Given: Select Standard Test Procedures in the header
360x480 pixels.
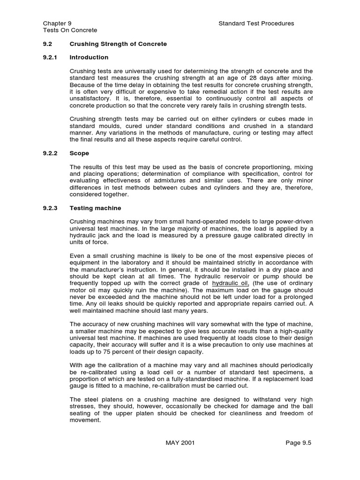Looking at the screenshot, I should (x=256, y=23).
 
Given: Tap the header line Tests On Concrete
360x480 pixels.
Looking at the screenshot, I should (x=70, y=30).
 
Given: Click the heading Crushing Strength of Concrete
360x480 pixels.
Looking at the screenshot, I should (x=118, y=44).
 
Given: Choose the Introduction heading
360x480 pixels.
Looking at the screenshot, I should (x=89, y=58).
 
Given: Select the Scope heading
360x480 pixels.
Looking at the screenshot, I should (x=79, y=153).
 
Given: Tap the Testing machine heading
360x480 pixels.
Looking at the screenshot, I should (x=95, y=208).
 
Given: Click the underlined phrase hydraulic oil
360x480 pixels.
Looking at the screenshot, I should (x=230, y=284).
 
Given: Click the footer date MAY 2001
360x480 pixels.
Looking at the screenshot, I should (x=180, y=442).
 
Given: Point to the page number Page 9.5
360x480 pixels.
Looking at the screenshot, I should (x=298, y=442).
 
